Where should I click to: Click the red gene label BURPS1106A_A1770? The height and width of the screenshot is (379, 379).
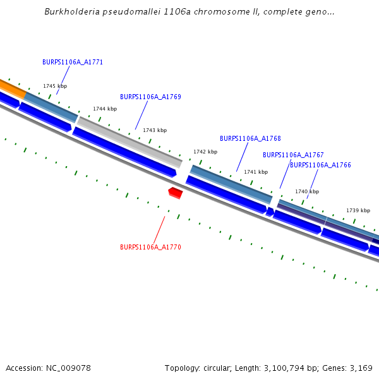click(x=150, y=248)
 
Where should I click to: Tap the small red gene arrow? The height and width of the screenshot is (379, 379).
click(x=176, y=193)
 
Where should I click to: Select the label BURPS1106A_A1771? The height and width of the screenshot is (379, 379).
click(x=73, y=63)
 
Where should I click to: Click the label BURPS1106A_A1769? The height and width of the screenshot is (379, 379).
click(x=150, y=97)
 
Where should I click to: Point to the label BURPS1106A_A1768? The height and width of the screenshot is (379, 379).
click(x=250, y=138)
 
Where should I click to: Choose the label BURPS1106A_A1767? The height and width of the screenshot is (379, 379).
click(x=293, y=155)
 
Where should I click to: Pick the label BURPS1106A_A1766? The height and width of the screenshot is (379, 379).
click(x=320, y=165)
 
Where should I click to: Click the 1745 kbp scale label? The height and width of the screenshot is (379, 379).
click(x=55, y=86)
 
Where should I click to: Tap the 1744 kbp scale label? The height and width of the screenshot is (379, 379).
click(x=105, y=109)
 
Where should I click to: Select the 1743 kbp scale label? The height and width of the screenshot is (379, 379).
click(x=155, y=130)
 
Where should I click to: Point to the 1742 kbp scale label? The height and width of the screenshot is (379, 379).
click(x=205, y=152)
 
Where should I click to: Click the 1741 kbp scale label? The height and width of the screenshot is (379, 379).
click(x=256, y=172)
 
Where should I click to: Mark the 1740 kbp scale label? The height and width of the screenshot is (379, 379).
click(x=307, y=191)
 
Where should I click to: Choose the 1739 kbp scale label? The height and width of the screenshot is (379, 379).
click(x=358, y=210)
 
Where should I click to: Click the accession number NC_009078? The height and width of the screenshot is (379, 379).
click(x=70, y=368)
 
